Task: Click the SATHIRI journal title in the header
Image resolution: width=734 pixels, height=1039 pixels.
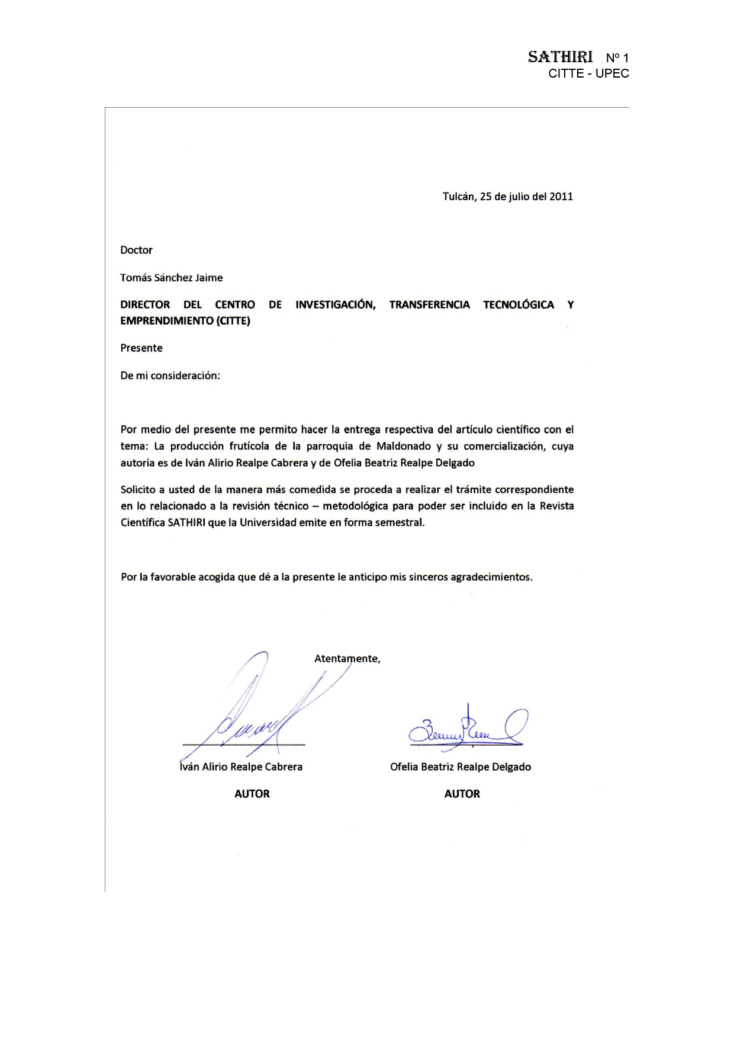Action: click(560, 57)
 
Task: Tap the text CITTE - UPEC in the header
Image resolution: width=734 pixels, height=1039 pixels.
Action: click(588, 73)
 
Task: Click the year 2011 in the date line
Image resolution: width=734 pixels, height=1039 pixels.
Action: click(561, 197)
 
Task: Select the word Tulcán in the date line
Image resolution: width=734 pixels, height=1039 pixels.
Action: click(459, 197)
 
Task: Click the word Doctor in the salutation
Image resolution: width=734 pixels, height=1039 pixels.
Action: click(136, 250)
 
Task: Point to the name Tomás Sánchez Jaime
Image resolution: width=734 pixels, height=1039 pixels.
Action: click(171, 278)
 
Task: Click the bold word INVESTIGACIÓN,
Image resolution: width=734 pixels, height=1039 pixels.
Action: click(335, 305)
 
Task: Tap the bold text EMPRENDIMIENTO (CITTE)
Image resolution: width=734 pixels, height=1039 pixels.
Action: click(185, 321)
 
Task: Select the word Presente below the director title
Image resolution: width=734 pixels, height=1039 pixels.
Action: click(141, 348)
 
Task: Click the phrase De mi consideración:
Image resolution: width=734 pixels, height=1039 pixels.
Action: click(170, 376)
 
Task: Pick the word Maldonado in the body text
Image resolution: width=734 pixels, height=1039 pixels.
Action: click(404, 446)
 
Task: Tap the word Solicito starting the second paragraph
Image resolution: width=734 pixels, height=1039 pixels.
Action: click(138, 490)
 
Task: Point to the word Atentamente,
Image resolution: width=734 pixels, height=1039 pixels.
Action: click(347, 659)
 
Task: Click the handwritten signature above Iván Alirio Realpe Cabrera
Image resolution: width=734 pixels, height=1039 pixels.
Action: click(255, 717)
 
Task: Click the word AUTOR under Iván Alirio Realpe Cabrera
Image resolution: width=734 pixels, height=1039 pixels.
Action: click(252, 794)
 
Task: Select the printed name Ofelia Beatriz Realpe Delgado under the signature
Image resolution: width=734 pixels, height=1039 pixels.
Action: click(460, 767)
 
